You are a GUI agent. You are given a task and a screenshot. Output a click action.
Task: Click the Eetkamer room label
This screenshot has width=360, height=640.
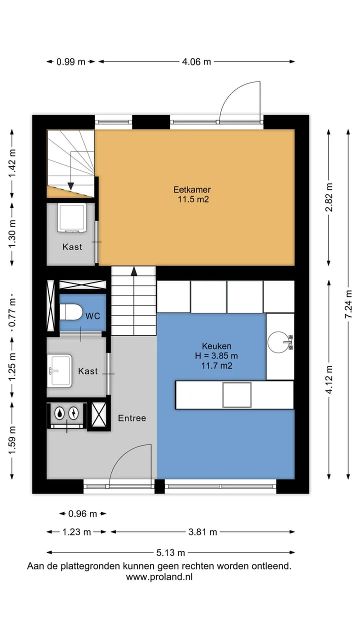[192, 189]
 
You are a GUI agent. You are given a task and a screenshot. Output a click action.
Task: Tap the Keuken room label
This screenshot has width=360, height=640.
[216, 346]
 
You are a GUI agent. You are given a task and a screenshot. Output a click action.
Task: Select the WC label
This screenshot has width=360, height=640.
[93, 316]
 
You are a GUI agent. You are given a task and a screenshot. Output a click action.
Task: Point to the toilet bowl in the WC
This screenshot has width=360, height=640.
[71, 312]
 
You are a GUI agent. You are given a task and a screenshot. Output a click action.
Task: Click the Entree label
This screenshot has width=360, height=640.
[132, 418]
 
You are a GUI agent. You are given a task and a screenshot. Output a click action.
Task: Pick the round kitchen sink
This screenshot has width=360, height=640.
[278, 341]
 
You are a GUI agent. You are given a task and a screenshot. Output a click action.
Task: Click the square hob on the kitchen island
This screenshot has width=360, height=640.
[237, 394]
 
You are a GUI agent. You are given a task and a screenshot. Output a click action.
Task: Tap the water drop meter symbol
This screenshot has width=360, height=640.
[59, 413]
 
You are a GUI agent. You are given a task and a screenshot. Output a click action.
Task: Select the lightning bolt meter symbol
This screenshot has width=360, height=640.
[73, 413]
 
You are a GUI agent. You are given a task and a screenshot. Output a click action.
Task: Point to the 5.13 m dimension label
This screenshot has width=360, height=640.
[170, 552]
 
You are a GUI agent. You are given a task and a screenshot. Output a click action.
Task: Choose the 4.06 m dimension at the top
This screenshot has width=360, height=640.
[196, 61]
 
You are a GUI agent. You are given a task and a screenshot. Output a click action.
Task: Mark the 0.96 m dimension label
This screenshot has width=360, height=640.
[82, 513]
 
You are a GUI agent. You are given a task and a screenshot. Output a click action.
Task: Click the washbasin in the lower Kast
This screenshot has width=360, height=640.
[59, 371]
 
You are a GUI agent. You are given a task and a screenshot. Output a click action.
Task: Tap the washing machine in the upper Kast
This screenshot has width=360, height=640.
[71, 217]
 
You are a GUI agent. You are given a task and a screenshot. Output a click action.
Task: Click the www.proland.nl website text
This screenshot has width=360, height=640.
[159, 577]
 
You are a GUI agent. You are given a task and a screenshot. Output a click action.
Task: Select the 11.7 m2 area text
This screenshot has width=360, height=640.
[216, 365]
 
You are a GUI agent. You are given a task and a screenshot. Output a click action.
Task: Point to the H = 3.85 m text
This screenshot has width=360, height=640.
[216, 355]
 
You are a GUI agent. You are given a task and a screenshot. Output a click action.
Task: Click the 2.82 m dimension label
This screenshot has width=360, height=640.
[329, 197]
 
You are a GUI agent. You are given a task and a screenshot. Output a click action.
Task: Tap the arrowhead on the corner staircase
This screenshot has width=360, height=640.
[70, 186]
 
